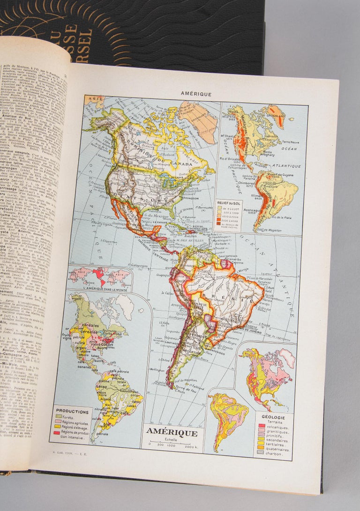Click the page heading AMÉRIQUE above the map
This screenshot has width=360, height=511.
pos(196,94)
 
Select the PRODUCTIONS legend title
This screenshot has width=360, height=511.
pos(72,412)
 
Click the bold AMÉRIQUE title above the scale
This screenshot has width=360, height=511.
pos(172,432)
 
